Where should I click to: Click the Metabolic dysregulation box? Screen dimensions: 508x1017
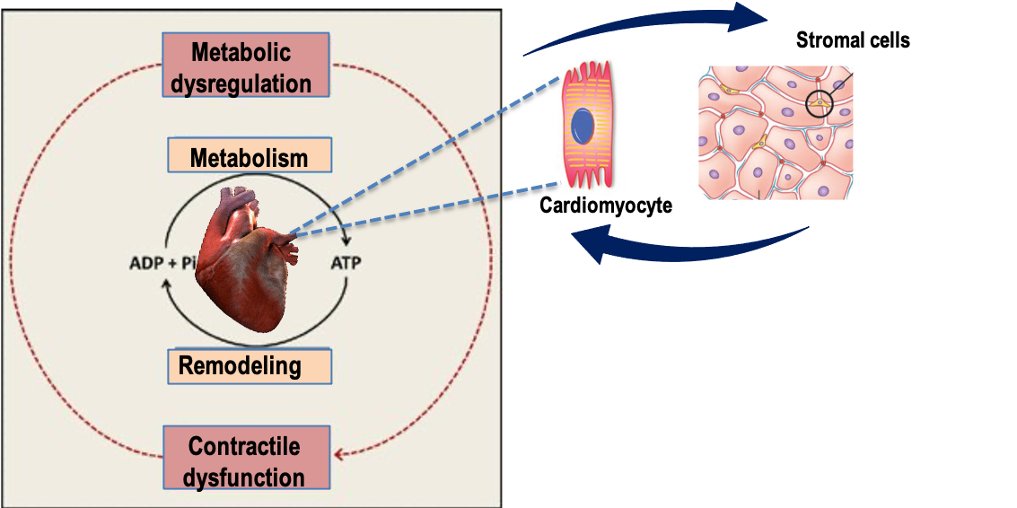point(246,66)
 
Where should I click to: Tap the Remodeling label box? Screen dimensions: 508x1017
point(250,366)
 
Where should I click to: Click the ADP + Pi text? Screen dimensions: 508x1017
point(162,264)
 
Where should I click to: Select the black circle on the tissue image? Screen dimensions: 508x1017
point(819,104)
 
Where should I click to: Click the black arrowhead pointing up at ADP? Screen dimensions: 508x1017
point(165,284)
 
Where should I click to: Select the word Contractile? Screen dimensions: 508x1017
point(243,445)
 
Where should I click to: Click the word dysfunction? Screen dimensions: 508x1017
point(243,476)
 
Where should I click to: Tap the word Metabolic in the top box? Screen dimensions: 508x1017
point(245,52)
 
